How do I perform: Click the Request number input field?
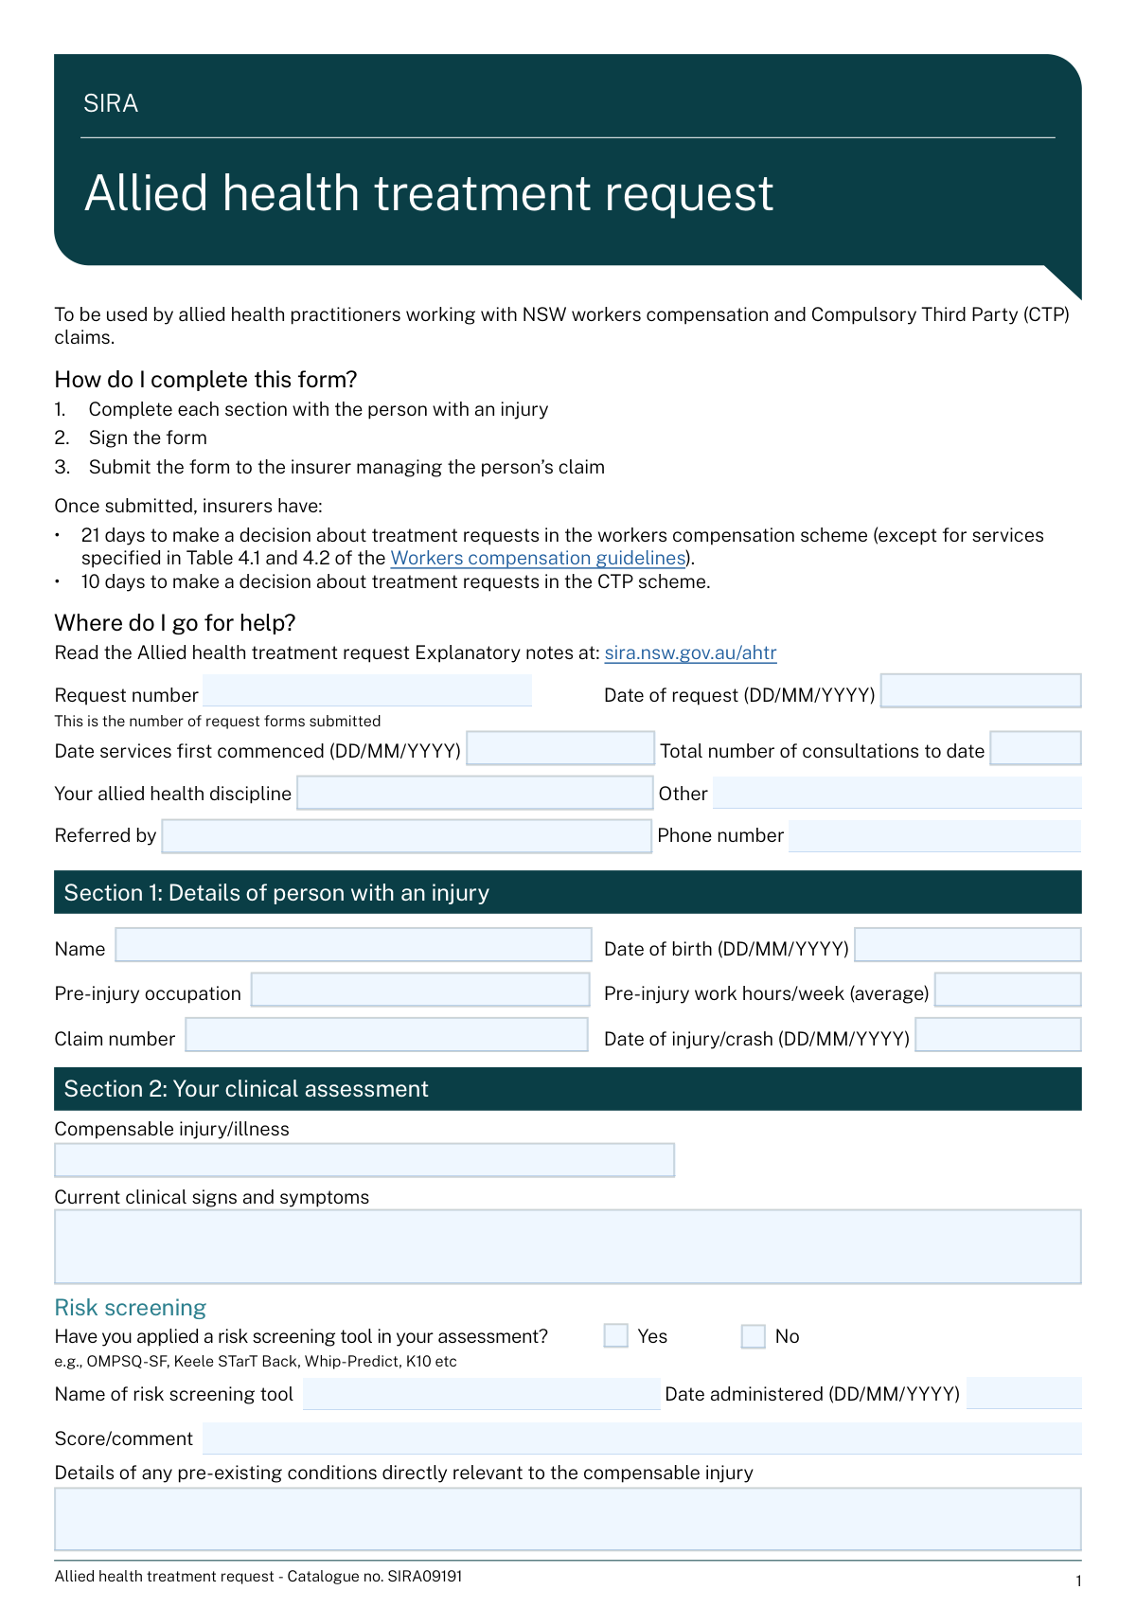tap(367, 690)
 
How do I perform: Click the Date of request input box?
tap(981, 690)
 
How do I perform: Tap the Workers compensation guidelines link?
tap(538, 558)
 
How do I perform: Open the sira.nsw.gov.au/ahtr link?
tap(690, 652)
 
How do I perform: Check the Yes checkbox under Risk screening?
tap(616, 1336)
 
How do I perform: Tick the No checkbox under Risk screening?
tap(754, 1336)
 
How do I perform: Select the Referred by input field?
tap(407, 836)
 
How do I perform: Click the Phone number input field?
tap(934, 836)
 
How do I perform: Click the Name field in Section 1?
tap(353, 945)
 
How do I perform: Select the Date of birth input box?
tap(967, 945)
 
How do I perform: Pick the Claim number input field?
tap(386, 1035)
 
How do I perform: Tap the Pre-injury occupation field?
tap(419, 990)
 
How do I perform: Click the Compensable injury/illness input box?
tap(364, 1160)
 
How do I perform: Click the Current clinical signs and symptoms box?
tap(568, 1246)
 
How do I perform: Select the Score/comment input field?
tap(642, 1438)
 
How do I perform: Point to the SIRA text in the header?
tap(111, 103)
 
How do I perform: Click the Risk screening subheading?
tap(131, 1308)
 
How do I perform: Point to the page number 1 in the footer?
tap(1078, 1581)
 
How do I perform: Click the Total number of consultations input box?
tap(1036, 748)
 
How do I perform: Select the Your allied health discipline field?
tap(474, 793)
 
